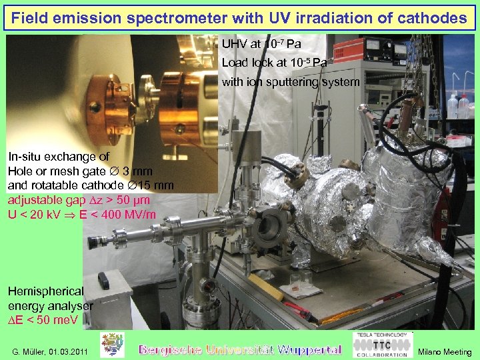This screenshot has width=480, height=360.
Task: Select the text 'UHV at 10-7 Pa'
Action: [261, 44]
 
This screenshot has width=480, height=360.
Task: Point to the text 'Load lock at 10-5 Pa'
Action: [274, 63]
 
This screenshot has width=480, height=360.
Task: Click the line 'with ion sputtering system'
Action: [290, 82]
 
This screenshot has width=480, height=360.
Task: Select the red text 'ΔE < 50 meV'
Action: [43, 319]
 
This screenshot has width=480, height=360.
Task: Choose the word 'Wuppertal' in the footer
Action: [309, 349]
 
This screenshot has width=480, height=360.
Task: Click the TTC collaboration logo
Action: [380, 345]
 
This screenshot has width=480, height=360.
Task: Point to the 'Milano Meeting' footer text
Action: [444, 351]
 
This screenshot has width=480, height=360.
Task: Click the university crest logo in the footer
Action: [112, 345]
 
